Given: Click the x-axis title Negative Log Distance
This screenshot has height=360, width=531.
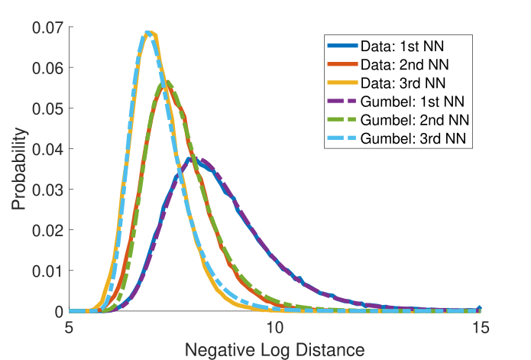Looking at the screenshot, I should point(274,348).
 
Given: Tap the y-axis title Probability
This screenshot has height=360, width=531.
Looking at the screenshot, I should point(19,169).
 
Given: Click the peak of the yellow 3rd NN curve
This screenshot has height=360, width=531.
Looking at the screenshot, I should point(151,32).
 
